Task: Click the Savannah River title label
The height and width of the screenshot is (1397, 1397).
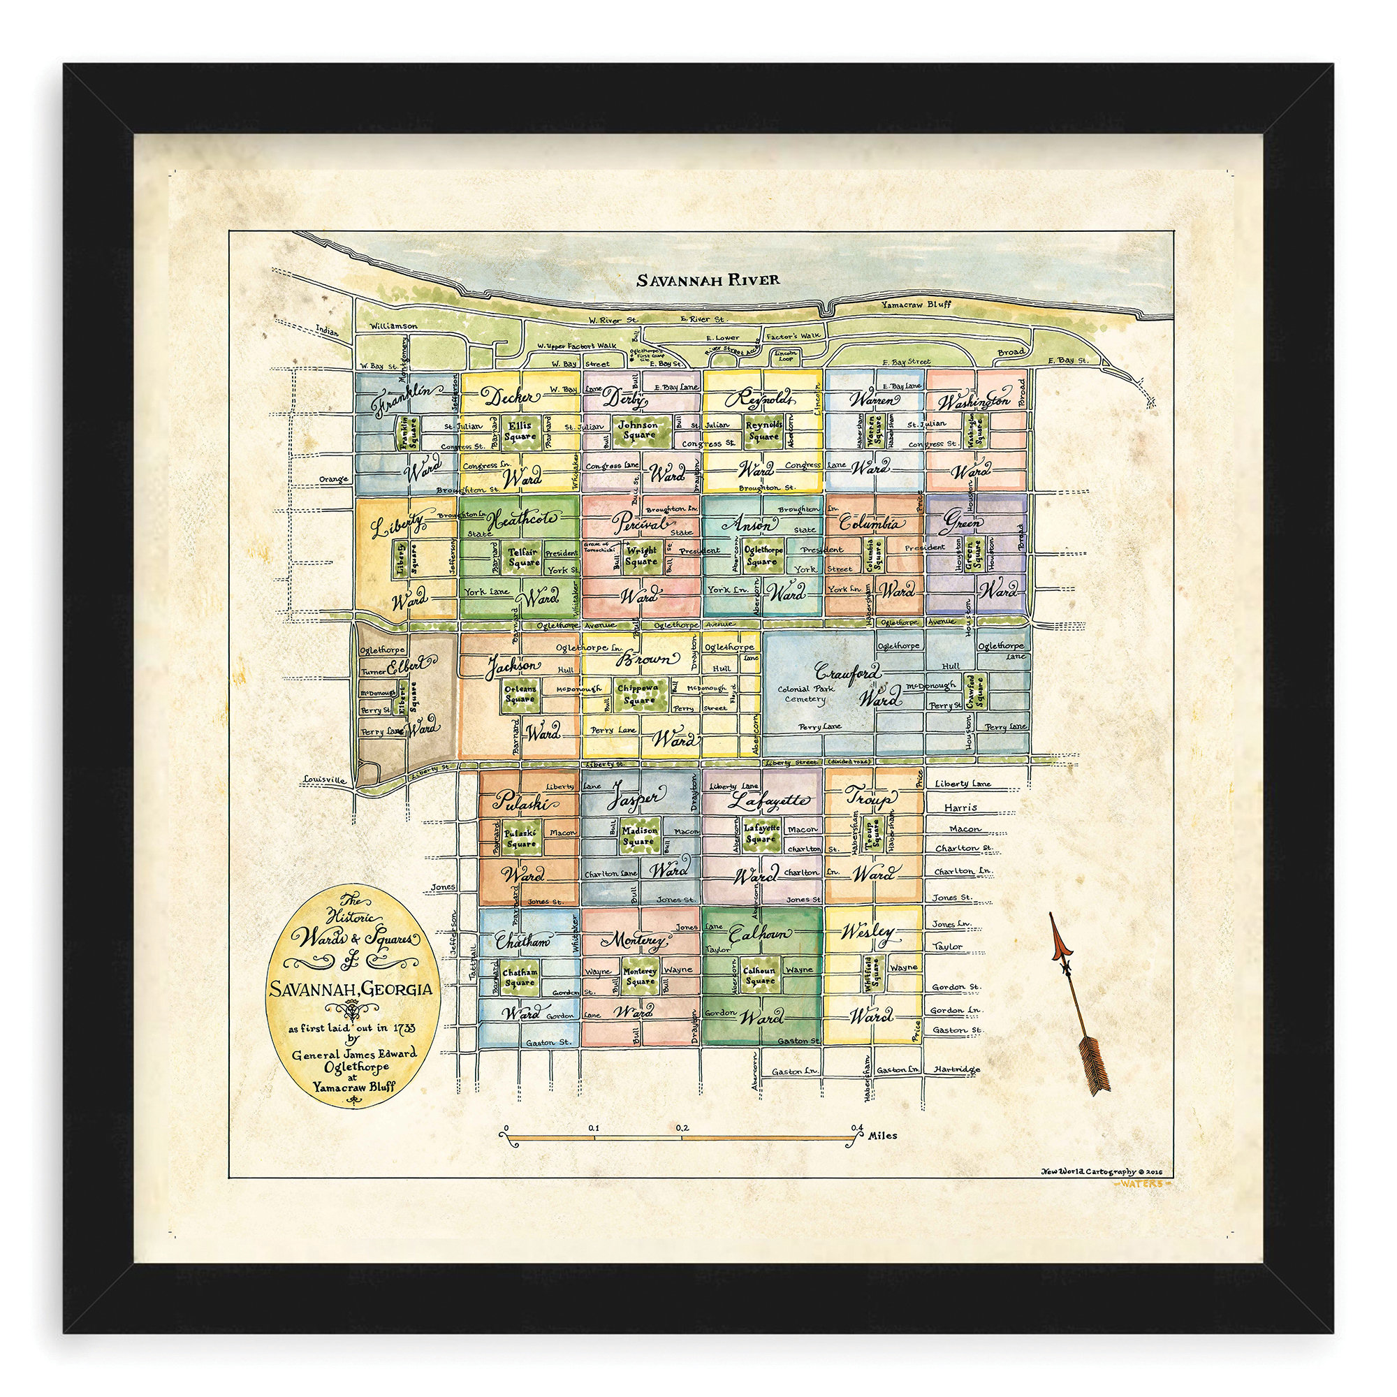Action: (708, 279)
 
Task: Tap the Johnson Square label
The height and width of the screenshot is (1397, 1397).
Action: (638, 430)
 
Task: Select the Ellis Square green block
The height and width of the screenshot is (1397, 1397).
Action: (520, 431)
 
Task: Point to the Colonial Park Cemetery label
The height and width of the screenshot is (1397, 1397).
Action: (805, 694)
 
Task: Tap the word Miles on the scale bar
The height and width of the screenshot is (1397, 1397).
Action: (884, 1134)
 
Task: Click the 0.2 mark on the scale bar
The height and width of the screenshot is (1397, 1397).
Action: (682, 1127)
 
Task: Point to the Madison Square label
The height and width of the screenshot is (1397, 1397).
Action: (638, 836)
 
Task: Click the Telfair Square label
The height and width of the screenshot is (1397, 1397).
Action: (523, 556)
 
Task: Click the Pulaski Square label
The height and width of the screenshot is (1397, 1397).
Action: (520, 838)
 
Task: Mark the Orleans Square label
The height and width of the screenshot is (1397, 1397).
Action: (520, 694)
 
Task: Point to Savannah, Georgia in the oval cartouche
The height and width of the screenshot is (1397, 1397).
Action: (351, 988)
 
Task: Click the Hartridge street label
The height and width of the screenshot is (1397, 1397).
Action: (956, 1069)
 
